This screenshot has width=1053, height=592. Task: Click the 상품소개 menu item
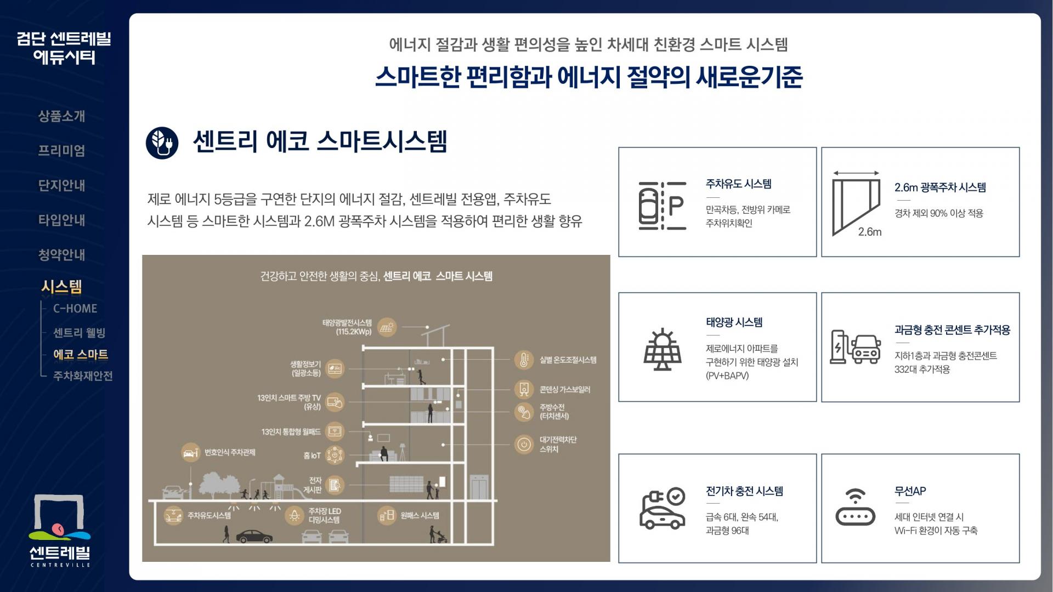click(x=61, y=116)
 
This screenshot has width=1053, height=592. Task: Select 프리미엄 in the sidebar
click(x=61, y=151)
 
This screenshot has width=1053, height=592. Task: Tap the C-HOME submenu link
click(x=75, y=309)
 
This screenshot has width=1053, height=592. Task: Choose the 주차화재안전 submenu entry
click(x=83, y=376)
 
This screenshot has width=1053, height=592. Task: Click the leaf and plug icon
click(x=162, y=143)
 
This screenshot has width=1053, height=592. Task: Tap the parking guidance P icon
click(x=663, y=206)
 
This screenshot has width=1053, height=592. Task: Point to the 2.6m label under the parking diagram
click(x=870, y=232)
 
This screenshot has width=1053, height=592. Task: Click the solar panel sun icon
click(x=663, y=349)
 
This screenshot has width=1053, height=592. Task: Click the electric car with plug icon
click(x=663, y=509)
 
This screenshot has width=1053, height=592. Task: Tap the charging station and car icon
click(x=855, y=347)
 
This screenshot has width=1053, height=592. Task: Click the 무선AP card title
click(x=910, y=491)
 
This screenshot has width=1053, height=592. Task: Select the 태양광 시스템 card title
click(x=734, y=322)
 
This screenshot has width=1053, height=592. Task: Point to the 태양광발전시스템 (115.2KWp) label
click(x=347, y=327)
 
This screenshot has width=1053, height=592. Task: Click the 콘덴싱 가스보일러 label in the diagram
click(x=564, y=390)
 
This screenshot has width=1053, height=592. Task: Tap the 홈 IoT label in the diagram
click(x=312, y=456)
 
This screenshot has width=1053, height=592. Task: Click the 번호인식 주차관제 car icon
click(x=190, y=453)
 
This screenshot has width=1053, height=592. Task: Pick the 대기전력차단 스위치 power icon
click(x=524, y=444)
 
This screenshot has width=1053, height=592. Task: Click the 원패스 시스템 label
click(x=420, y=516)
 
